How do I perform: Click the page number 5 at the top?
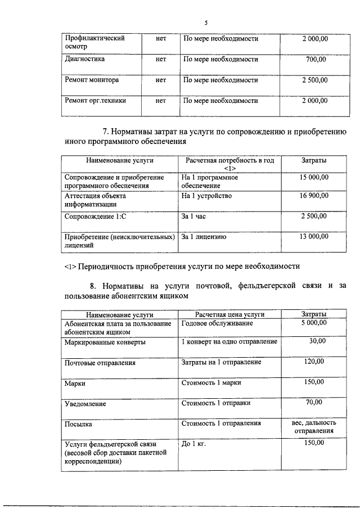(206, 23)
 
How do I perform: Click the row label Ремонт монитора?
(92, 80)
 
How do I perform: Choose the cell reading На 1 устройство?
(206, 196)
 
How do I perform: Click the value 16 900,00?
(314, 196)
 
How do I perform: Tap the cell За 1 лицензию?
(204, 237)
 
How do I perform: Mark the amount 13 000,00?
(314, 237)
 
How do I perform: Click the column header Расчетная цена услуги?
(229, 314)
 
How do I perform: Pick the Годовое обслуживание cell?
(217, 323)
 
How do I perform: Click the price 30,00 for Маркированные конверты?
(317, 341)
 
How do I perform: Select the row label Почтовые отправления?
(100, 363)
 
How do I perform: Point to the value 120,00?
(314, 362)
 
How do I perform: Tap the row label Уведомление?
(85, 404)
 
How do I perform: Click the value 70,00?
(314, 402)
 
